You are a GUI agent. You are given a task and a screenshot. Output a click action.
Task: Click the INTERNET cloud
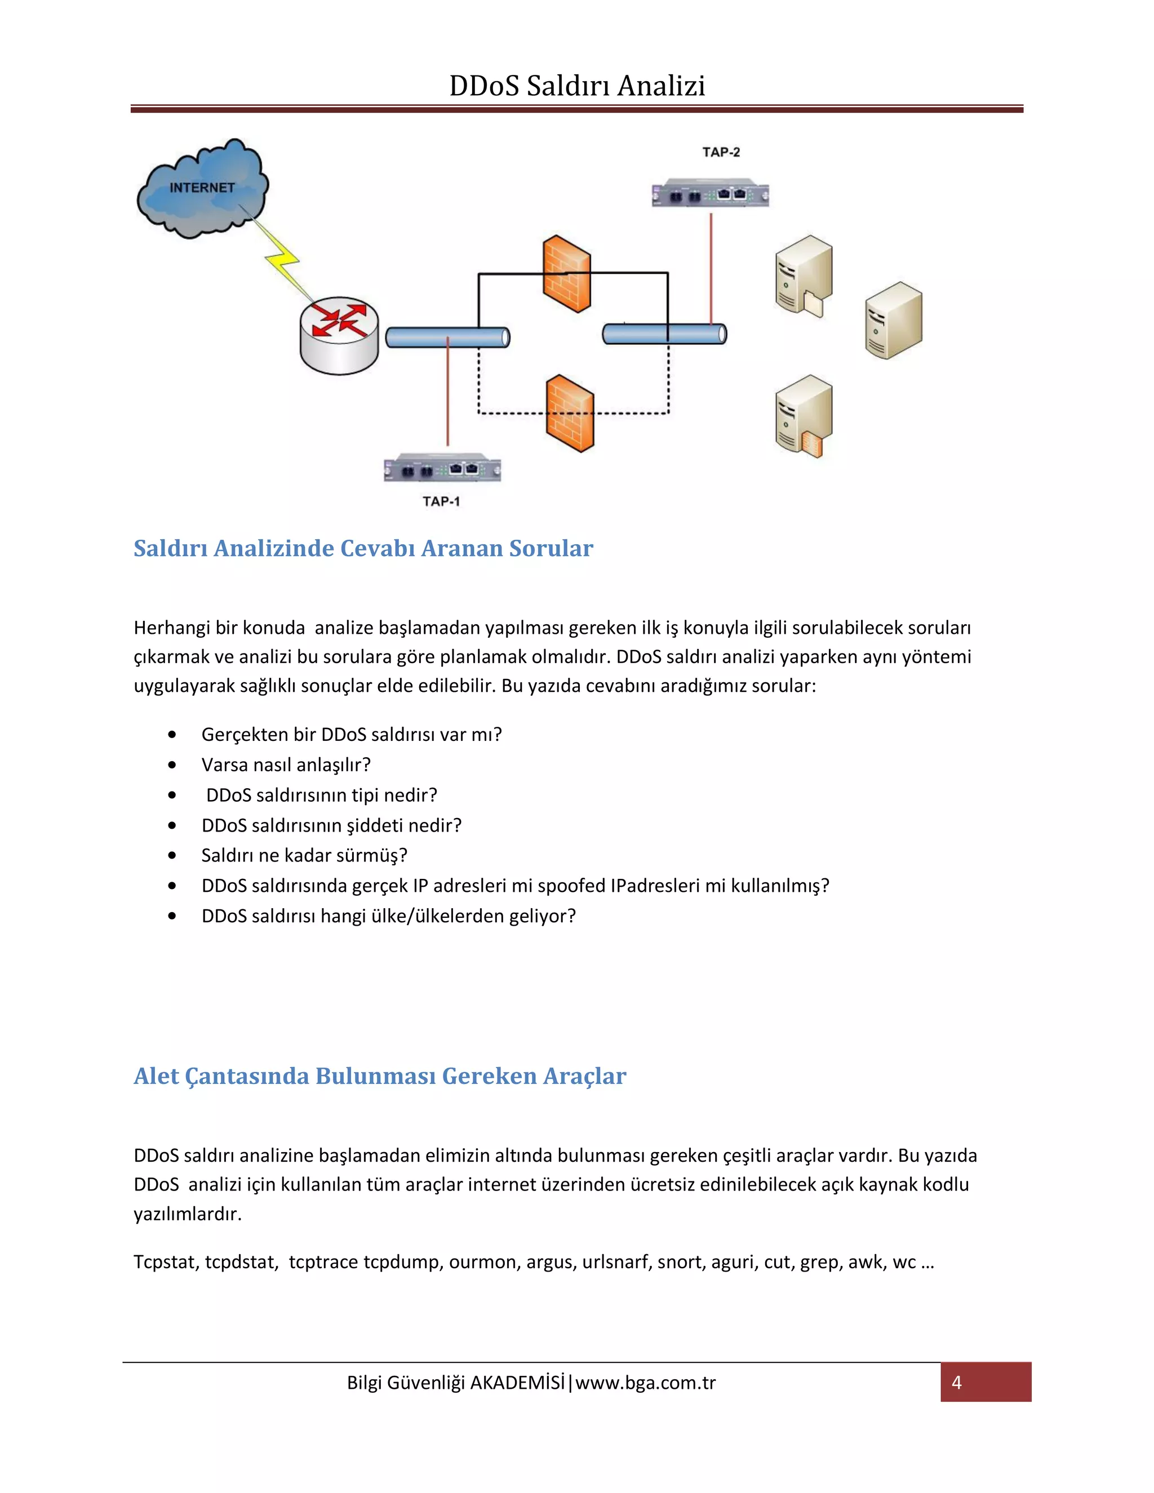202,189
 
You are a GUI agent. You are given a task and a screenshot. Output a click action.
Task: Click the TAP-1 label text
441,501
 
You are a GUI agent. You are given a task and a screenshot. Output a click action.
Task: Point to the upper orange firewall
567,273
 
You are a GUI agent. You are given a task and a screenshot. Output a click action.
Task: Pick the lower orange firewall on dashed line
570,413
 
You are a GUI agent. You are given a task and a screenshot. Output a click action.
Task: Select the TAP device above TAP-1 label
442,469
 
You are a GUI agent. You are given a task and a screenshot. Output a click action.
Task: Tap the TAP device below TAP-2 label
711,194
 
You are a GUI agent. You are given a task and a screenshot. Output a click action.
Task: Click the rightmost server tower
893,320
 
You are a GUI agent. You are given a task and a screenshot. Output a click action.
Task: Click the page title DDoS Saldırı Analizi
576,86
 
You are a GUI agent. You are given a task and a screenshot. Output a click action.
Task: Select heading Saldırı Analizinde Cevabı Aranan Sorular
363,548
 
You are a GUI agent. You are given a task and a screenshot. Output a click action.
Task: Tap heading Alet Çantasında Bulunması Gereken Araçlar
379,1076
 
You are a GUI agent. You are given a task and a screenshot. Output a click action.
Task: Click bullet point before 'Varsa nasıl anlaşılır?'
172,765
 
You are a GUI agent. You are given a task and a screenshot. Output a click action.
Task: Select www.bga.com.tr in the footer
645,1383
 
